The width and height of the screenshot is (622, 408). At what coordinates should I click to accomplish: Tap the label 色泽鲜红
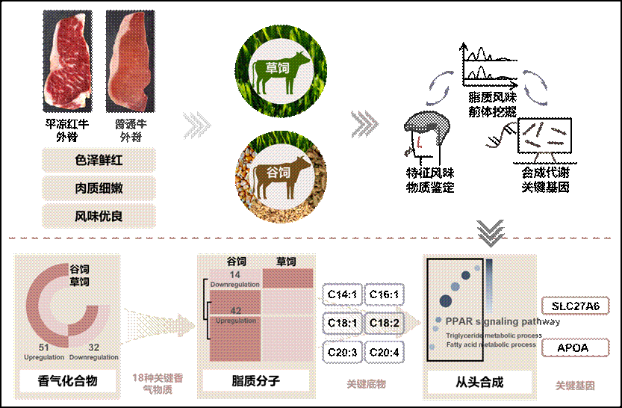click(99, 160)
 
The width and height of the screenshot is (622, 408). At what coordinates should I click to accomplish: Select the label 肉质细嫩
click(99, 188)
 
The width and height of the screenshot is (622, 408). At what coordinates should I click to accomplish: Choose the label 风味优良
click(99, 216)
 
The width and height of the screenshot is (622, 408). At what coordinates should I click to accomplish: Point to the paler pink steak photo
click(131, 61)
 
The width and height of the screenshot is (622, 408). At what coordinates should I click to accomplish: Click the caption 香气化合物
click(67, 381)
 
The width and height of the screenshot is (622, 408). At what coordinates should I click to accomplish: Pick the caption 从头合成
click(479, 382)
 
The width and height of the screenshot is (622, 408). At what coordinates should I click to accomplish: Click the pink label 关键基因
click(575, 386)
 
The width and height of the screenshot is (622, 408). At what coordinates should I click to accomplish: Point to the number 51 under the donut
click(45, 347)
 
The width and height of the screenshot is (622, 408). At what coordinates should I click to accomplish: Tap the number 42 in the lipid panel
click(235, 310)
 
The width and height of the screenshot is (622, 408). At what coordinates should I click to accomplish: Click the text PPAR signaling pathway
click(502, 321)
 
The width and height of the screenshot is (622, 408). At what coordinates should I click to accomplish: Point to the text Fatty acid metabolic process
click(491, 344)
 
